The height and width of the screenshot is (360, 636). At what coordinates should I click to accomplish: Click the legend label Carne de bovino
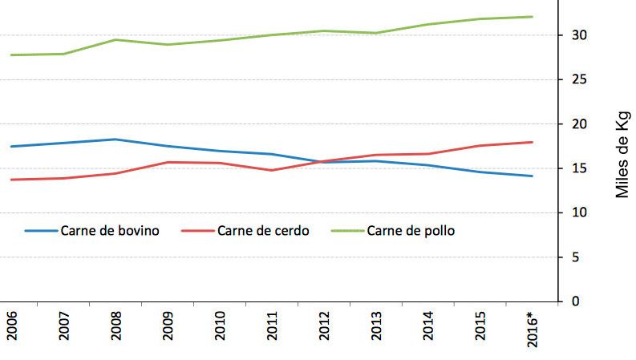pyautogui.click(x=109, y=230)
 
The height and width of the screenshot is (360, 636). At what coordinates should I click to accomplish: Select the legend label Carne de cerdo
pyautogui.click(x=262, y=230)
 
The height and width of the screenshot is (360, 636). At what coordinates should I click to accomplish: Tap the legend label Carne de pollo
pyautogui.click(x=411, y=230)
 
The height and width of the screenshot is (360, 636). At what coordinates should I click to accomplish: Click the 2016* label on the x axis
pyautogui.click(x=530, y=326)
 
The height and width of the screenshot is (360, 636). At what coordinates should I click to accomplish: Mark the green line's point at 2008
pyautogui.click(x=115, y=39)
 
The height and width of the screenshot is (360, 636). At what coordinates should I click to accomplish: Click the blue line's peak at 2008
pyautogui.click(x=115, y=140)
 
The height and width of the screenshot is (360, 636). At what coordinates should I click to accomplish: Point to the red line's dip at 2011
pyautogui.click(x=271, y=170)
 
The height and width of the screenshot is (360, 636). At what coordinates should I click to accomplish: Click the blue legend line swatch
pyautogui.click(x=40, y=230)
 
